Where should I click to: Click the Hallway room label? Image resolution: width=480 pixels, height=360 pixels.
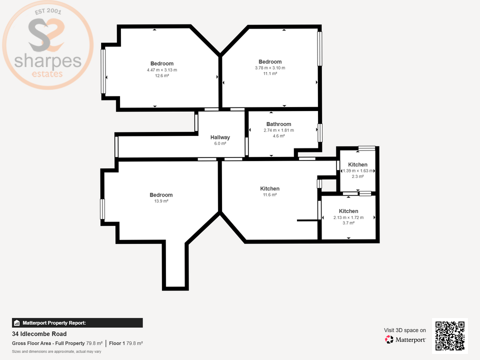(220, 137)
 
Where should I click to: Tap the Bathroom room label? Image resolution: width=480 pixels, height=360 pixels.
(278, 124)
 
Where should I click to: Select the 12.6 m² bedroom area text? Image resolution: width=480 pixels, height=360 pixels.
(161, 76)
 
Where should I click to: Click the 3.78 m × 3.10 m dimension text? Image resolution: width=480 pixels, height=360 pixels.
(270, 68)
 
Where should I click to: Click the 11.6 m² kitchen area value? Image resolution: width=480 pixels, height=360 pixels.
(269, 195)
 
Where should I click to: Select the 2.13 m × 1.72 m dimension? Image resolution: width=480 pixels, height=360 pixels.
(348, 217)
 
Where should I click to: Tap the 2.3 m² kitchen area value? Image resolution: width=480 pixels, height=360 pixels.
(357, 176)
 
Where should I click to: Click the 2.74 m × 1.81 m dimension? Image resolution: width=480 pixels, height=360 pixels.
(278, 130)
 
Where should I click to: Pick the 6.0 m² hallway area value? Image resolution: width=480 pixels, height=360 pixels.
(220, 143)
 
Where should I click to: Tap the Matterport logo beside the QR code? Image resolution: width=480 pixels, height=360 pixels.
(405, 339)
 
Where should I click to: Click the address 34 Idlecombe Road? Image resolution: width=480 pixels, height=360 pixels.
(39, 334)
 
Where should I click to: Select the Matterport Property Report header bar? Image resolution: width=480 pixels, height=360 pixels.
(77, 323)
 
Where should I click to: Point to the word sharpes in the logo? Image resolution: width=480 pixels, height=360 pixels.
(47, 62)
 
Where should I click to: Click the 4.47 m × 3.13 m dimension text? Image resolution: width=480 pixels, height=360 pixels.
(161, 70)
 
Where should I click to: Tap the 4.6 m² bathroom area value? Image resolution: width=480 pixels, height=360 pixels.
(278, 136)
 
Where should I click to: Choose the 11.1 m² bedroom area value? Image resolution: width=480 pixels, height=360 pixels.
(270, 74)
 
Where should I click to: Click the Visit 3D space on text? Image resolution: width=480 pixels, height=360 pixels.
(405, 330)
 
